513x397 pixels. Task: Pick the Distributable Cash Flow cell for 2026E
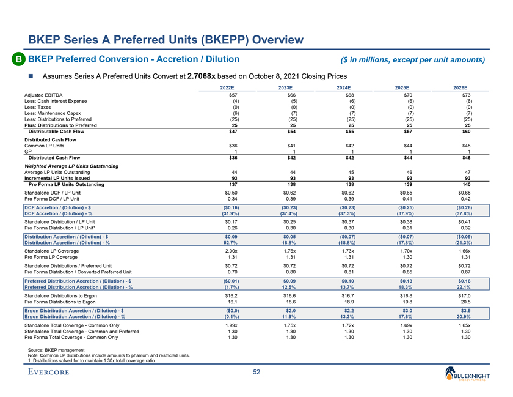(468, 132)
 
